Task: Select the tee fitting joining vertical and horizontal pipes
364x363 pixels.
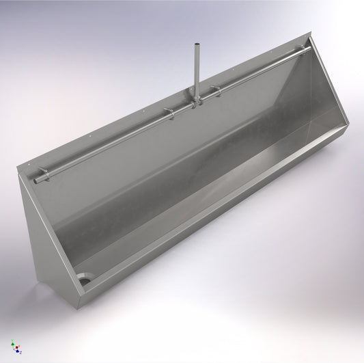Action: [x=197, y=101]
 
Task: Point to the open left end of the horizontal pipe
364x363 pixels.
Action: [x=36, y=180]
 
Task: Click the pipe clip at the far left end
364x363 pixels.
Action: [x=44, y=172]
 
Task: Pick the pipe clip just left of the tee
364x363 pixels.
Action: [x=169, y=113]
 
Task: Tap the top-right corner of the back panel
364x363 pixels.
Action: [x=311, y=38]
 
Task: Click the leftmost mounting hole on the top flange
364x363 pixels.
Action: [x=29, y=163]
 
